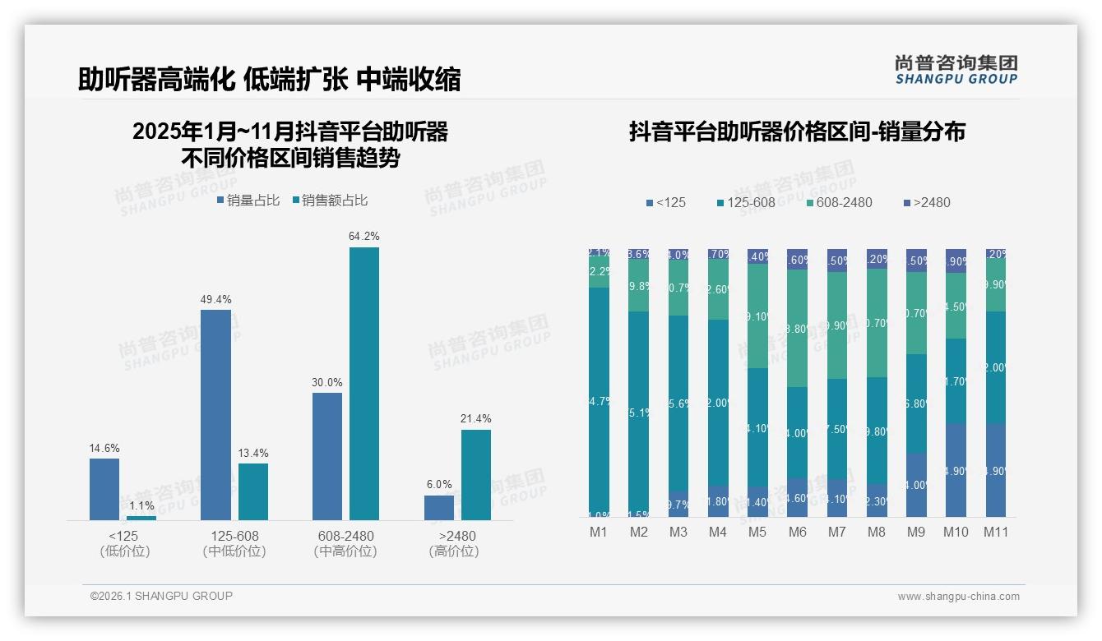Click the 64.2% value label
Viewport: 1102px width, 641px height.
[x=363, y=237]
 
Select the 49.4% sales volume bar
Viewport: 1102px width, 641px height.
[x=215, y=415]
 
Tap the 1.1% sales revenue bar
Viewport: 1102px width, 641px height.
[x=141, y=518]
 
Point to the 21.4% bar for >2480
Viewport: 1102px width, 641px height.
[x=475, y=474]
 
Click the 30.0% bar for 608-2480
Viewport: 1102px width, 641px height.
[x=327, y=456]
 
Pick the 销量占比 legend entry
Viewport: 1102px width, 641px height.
[x=248, y=201]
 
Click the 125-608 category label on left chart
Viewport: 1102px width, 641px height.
[x=234, y=536]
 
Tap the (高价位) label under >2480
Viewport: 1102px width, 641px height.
[x=453, y=551]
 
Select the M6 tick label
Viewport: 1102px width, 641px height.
[x=797, y=532]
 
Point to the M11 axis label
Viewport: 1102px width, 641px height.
[x=996, y=532]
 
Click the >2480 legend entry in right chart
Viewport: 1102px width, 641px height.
[x=927, y=202]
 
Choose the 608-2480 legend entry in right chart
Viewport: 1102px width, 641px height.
[x=839, y=202]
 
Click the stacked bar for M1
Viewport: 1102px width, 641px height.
[x=599, y=382]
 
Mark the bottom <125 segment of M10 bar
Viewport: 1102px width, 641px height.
[x=956, y=470]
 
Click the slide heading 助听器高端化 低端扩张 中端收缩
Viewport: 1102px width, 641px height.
[x=269, y=79]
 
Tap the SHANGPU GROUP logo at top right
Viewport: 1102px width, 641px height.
[x=956, y=70]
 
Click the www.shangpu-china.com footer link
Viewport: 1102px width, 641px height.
[x=958, y=597]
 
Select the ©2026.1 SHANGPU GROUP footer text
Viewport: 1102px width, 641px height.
[x=161, y=596]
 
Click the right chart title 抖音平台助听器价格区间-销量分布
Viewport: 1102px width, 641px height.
[x=797, y=131]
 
